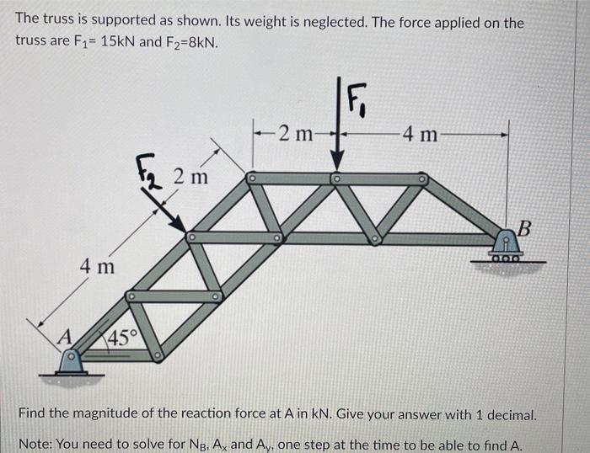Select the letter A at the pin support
[62, 337]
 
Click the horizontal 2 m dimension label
[296, 132]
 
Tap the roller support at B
[506, 248]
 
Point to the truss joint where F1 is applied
[336, 179]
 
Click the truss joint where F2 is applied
[191, 237]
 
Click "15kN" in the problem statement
[118, 41]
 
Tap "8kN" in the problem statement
[203, 41]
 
